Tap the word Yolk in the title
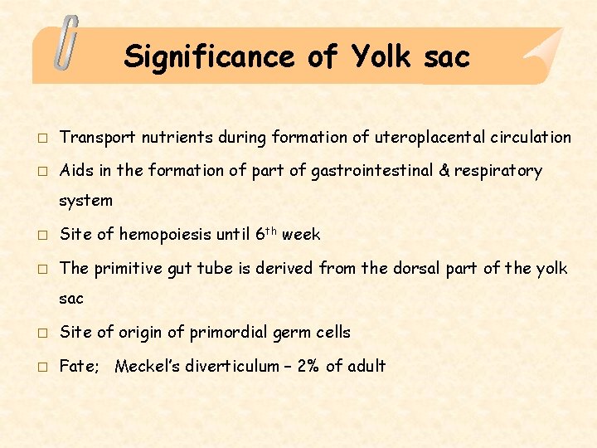381,56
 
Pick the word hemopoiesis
165,234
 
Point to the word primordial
230,333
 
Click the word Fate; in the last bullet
80,366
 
